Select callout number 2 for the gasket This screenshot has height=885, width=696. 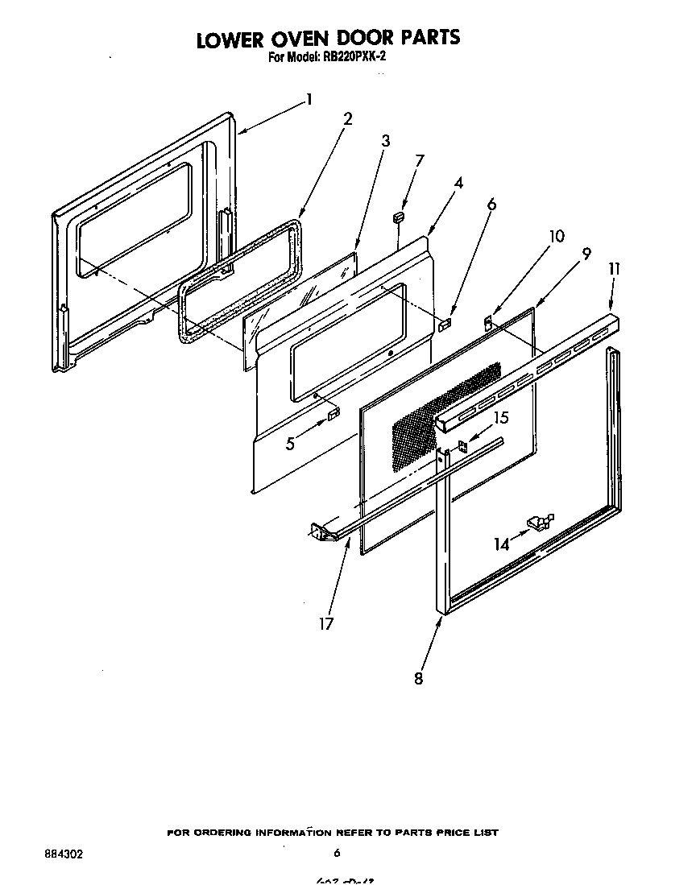[347, 119]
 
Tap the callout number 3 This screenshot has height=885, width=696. [385, 141]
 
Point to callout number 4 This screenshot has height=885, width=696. [458, 183]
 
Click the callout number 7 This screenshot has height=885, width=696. [419, 160]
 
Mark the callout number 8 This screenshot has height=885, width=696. [418, 678]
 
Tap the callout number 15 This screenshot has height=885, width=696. [501, 418]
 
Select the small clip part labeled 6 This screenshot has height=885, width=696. [445, 323]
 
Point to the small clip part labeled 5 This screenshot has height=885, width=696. [333, 414]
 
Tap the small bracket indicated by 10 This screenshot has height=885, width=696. [488, 322]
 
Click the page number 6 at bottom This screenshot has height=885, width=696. [337, 854]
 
